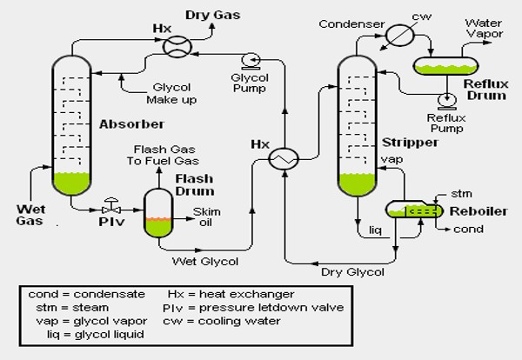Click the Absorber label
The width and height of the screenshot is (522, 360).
pyautogui.click(x=118, y=123)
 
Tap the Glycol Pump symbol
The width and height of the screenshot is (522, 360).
pyautogui.click(x=252, y=60)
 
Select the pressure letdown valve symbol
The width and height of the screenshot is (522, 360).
pyautogui.click(x=110, y=209)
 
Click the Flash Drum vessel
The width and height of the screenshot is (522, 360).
pyautogui.click(x=157, y=213)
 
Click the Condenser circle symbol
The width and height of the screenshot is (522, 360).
pyautogui.click(x=401, y=36)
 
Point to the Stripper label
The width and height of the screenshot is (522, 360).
pyautogui.click(x=402, y=141)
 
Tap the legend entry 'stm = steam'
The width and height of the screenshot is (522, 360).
pyautogui.click(x=66, y=307)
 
